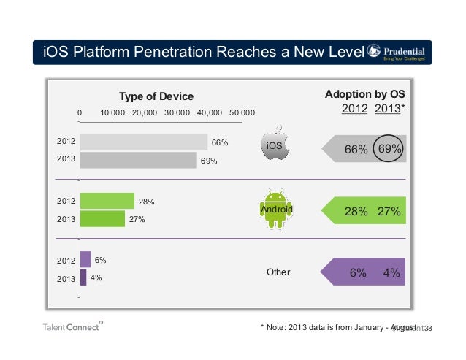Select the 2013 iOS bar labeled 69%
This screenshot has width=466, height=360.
138,160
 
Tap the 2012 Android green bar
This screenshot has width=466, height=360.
107,200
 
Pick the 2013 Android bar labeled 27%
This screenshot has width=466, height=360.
102,218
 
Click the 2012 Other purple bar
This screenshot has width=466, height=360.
85,259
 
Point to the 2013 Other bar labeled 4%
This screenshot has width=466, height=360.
83,277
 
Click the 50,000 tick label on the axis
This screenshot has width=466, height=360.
242,112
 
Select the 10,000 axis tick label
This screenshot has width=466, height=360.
112,112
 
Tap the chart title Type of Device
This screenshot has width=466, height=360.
156,96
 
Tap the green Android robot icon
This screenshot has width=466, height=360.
276,209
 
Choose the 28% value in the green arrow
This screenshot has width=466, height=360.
356,211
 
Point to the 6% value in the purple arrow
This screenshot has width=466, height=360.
358,272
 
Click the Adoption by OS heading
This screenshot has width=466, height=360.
364,95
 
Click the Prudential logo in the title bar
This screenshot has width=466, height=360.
400,52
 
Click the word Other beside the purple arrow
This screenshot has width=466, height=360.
278,272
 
